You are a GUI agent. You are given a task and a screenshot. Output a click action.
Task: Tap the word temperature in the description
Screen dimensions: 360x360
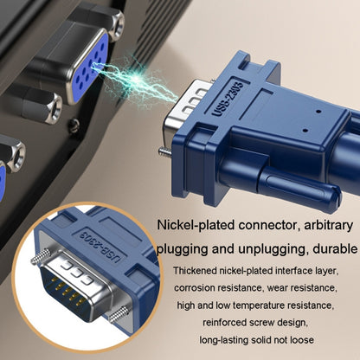[258, 305]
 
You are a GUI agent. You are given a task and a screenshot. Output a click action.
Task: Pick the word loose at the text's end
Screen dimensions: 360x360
[302, 340]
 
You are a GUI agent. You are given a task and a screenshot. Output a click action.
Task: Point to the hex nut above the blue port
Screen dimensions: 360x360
[116, 24]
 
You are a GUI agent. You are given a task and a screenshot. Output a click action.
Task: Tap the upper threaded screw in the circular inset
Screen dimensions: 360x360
[42, 257]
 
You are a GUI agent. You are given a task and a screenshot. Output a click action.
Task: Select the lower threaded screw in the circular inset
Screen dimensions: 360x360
[119, 314]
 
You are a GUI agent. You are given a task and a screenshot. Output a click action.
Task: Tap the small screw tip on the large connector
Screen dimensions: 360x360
[164, 151]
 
